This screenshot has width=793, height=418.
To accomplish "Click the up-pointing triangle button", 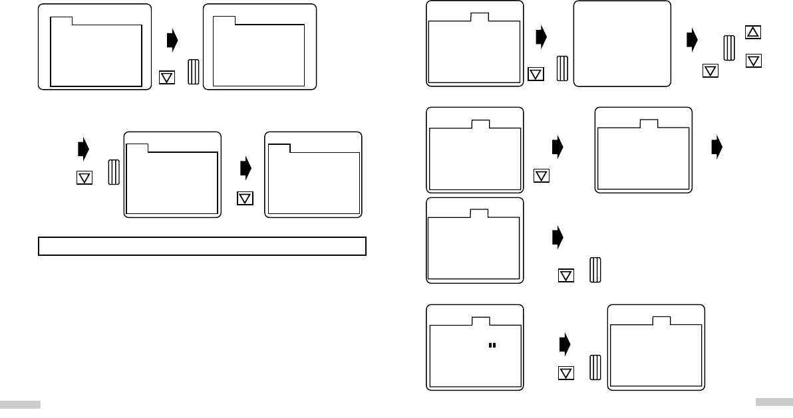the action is (x=754, y=32).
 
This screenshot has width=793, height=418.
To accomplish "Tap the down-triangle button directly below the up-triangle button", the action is (x=754, y=60).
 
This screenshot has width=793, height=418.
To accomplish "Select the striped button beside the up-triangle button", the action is (x=729, y=50).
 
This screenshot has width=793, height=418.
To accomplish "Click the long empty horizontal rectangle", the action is (x=202, y=246).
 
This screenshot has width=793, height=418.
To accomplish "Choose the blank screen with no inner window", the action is (x=622, y=43).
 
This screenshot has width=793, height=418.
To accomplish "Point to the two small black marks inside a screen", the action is (x=492, y=346).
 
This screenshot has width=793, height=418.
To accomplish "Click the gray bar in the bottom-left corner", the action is (x=20, y=404).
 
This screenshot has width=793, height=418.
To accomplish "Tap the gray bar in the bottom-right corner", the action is (x=774, y=401).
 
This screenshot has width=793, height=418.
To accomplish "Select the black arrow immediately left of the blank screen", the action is (x=541, y=37).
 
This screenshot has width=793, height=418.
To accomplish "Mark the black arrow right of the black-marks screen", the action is (x=565, y=344).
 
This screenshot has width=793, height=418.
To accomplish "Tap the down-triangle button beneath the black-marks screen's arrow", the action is (x=565, y=373).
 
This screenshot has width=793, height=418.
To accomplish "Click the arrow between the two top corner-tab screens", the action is (x=172, y=41).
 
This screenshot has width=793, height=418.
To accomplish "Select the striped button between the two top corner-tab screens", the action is (x=194, y=72).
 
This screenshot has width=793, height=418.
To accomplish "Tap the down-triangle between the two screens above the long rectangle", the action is (x=245, y=198).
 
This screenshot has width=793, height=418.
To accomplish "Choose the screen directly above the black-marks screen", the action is (x=474, y=239).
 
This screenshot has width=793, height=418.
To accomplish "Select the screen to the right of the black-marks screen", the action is (x=657, y=347).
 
